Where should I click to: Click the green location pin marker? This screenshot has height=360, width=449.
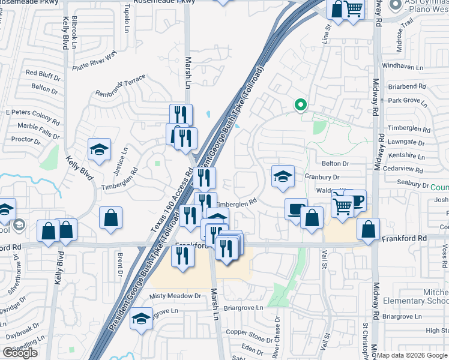301,106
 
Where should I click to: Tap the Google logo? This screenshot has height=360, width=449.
20,353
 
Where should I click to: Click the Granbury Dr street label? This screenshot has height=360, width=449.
322,177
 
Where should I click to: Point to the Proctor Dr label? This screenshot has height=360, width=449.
26,140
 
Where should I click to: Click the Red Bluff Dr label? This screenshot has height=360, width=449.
44,74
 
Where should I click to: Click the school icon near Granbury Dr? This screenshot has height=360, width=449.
283,176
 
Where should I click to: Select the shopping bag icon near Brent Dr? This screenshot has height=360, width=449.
111,218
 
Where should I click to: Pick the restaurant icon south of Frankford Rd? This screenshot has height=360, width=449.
183,256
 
